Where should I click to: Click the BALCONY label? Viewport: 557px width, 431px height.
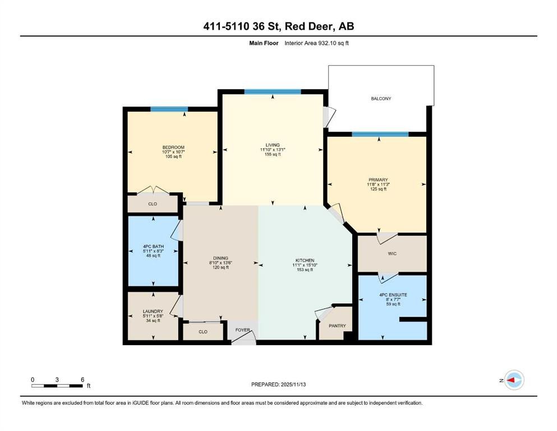point(381,99)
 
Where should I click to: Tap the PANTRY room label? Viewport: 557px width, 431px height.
point(337,326)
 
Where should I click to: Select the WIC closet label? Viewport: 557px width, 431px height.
point(392,254)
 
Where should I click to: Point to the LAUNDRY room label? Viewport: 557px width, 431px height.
point(153,311)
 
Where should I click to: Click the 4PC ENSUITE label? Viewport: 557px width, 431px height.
point(392,295)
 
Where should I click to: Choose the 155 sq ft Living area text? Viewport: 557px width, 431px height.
point(273,154)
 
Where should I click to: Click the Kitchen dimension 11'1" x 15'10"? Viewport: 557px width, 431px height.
point(304,265)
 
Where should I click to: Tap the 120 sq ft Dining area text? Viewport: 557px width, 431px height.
point(219,268)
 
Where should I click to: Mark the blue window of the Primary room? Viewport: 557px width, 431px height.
point(380,134)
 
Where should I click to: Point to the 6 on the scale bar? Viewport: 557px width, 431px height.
point(82,379)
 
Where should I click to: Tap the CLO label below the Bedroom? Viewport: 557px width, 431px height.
point(153,204)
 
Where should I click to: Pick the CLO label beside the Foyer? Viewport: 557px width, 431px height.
point(203,332)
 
